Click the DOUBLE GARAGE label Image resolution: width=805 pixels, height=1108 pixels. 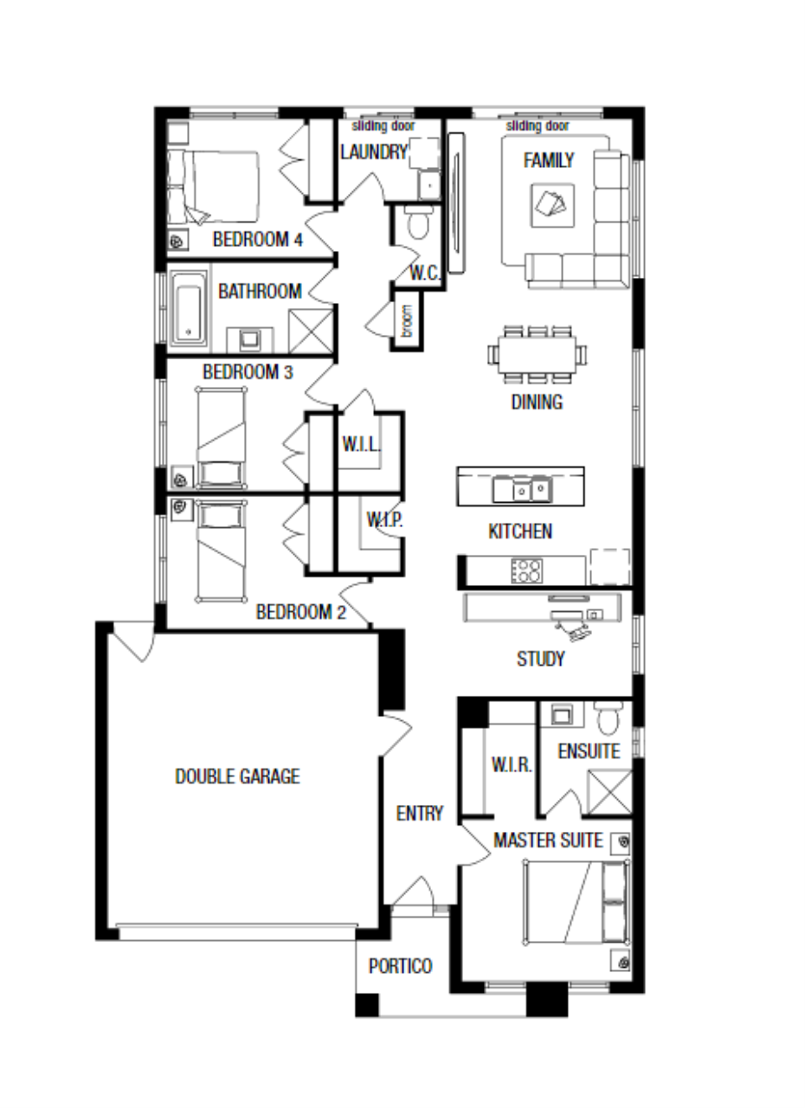point(237,776)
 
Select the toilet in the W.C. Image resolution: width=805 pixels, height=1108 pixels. point(418,221)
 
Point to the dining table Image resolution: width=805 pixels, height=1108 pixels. point(537,355)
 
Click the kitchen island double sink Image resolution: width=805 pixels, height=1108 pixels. point(522,489)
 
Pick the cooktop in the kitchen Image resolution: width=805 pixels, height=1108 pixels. point(526,570)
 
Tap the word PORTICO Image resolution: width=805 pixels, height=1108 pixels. point(401,966)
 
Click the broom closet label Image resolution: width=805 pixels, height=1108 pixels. point(407,321)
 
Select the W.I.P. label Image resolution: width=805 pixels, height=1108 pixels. point(384,520)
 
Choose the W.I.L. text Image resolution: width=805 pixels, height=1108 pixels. point(362,445)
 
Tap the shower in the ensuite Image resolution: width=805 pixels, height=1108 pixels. point(609,791)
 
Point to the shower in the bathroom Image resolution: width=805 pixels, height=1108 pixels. point(311,331)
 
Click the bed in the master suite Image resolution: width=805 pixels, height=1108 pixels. point(577,903)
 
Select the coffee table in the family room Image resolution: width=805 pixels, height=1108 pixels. point(553,205)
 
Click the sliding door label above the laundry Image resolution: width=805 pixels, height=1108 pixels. point(383,126)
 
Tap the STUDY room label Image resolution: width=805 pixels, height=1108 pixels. point(540,659)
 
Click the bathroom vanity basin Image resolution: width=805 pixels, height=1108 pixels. point(249,339)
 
